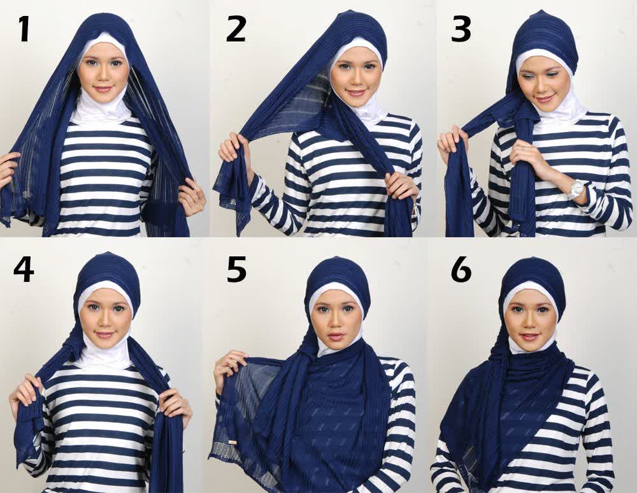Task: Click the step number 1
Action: coord(24,29)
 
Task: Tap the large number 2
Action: coord(236,29)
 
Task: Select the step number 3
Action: coord(461,29)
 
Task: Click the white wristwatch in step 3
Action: coord(576,188)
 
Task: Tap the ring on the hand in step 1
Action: coord(196,200)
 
